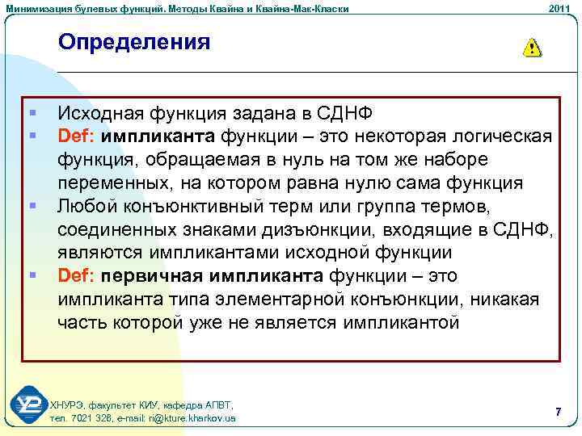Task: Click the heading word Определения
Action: click(134, 42)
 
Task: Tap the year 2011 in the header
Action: click(559, 8)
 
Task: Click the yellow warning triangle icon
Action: click(532, 48)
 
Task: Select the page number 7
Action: click(558, 413)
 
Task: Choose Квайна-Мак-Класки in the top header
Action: click(304, 8)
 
